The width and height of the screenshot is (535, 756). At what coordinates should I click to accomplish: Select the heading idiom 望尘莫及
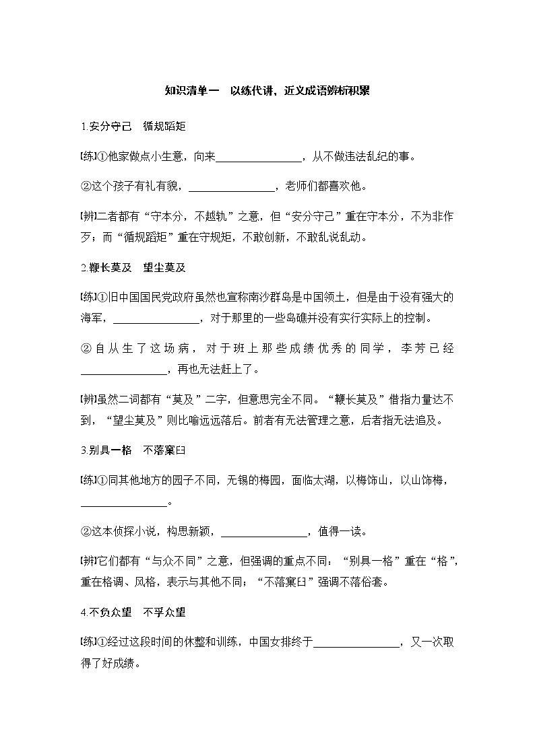click(x=164, y=267)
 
